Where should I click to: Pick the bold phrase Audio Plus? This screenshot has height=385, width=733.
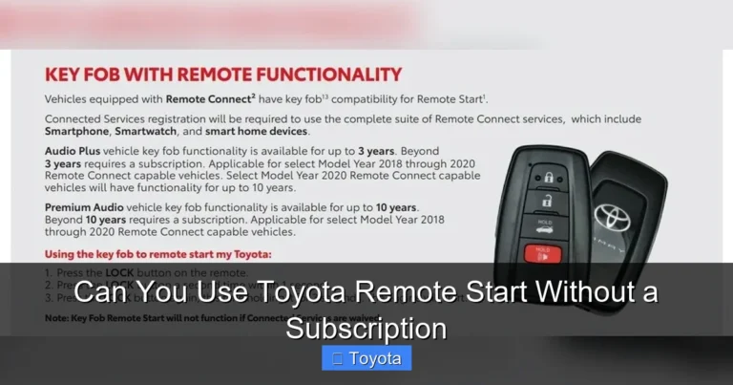click(x=75, y=151)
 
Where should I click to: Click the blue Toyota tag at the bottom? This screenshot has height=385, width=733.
click(x=366, y=359)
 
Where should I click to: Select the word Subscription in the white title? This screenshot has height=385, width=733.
click(x=366, y=328)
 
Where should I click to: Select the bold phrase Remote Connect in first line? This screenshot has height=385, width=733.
click(x=204, y=98)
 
